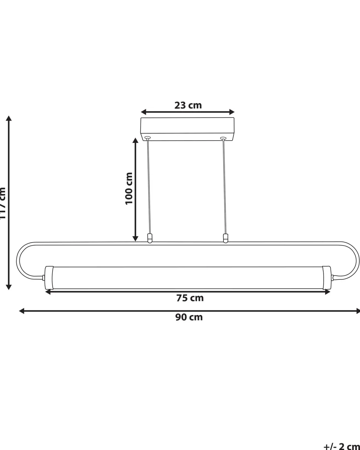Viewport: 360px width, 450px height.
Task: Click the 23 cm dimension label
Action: coord(188,105)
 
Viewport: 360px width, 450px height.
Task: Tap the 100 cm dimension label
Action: coord(128,188)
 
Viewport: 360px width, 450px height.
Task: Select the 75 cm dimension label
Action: coord(190,298)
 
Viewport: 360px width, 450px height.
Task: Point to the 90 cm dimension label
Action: coord(189,317)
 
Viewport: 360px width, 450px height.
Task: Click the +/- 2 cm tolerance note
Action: coord(341,447)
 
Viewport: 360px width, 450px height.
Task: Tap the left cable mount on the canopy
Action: coord(148,138)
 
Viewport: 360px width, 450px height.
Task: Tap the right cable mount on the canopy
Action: coord(223,138)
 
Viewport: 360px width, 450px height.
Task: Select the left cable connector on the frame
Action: coord(150,238)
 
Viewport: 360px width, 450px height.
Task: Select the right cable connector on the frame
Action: coord(225,238)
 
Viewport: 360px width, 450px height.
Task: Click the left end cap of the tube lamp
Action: coord(49,277)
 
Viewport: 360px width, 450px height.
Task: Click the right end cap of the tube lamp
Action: coord(327,277)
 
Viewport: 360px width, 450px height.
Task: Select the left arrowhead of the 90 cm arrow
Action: coord(22,311)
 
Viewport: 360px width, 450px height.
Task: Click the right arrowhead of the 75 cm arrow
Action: coord(328,292)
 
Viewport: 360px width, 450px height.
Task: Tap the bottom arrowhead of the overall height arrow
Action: coord(9,287)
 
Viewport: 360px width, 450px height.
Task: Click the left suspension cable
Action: coord(149,187)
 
